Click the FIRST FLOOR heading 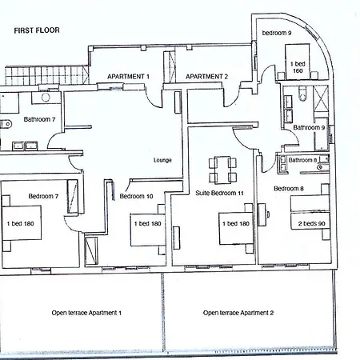tap(37, 30)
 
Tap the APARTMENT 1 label tap(128, 77)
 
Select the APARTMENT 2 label tap(206, 77)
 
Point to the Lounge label tap(162, 160)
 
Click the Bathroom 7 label tap(39, 119)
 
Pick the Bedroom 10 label tap(136, 197)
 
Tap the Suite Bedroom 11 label tap(219, 193)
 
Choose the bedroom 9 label tap(277, 33)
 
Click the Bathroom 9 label tap(309, 128)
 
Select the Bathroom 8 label tap(302, 160)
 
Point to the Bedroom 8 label tap(289, 189)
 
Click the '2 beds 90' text tap(311, 224)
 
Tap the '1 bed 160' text tap(298, 67)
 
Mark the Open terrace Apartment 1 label tap(86, 313)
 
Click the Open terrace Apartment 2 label tap(238, 313)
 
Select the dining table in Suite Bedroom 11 tap(222, 170)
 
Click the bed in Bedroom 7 tap(22, 223)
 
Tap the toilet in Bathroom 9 tap(302, 94)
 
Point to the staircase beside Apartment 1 tap(46, 75)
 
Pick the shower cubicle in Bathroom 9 tap(320, 98)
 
